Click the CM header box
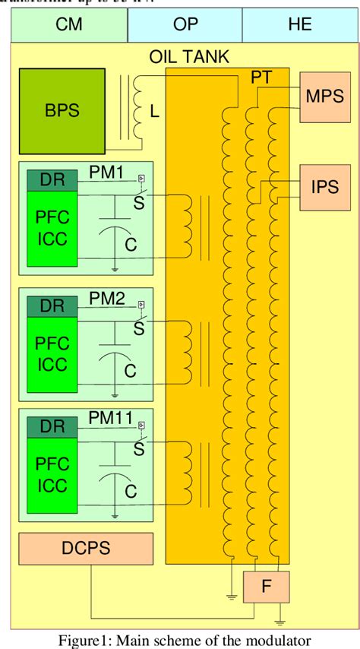click(70, 24)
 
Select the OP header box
click(185, 24)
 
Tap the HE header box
click(299, 24)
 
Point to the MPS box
click(324, 97)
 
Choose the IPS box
click(324, 186)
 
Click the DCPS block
click(86, 549)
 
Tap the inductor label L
click(154, 112)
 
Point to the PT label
click(261, 78)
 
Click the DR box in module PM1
click(52, 180)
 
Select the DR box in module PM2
click(52, 306)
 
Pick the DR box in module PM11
click(52, 426)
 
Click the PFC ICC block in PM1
click(52, 228)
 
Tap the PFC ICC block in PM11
click(52, 473)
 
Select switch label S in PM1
click(138, 202)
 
